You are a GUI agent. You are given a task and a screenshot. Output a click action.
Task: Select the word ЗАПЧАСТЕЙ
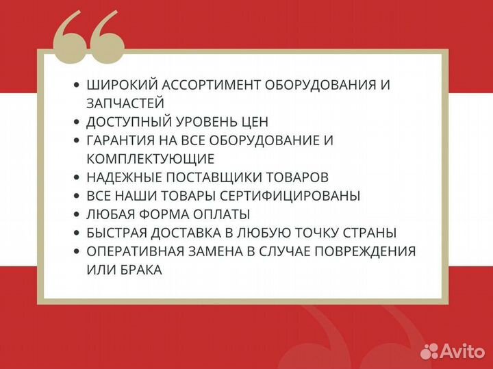125,103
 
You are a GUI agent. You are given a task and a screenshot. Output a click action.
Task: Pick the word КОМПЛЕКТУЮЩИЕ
151,159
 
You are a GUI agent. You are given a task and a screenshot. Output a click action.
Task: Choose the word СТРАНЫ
373,233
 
